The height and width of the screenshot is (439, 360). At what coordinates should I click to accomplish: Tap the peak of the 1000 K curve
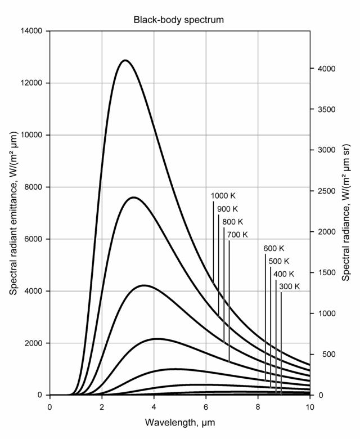125,60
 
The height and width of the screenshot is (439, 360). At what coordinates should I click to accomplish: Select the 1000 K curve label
223,196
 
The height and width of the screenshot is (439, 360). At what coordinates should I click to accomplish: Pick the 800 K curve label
232,222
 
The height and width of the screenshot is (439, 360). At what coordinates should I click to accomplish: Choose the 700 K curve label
237,235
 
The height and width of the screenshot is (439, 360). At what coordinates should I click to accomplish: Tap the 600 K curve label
274,249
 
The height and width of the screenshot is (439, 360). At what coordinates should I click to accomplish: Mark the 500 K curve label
278,261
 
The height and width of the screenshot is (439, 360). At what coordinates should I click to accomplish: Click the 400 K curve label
283,274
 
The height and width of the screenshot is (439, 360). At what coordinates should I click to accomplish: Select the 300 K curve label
289,286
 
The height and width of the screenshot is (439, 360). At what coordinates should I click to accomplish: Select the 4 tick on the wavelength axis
154,406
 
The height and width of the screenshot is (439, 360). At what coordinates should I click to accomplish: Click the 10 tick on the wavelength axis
310,406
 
